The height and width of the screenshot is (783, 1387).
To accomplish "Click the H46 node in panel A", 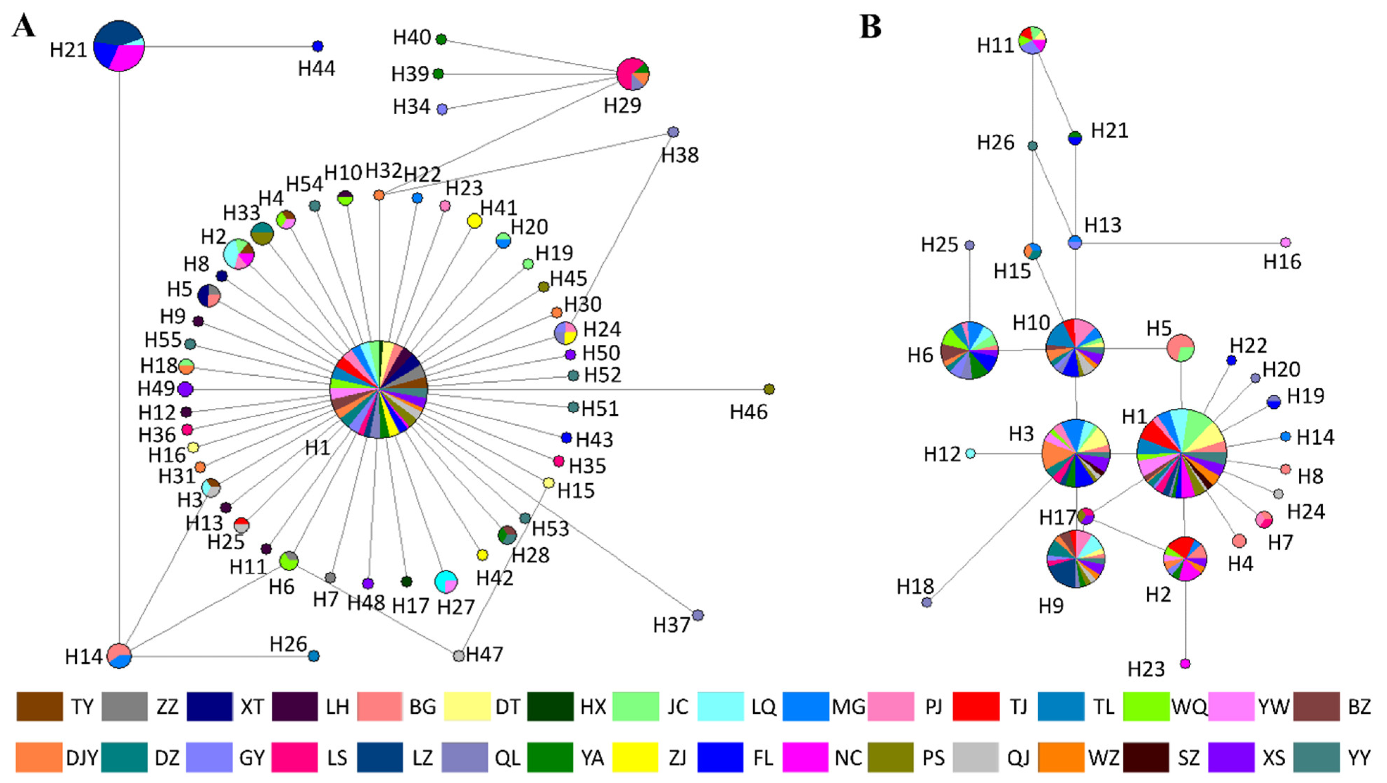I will point(769,389).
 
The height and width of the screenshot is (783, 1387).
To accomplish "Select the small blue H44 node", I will point(318,46).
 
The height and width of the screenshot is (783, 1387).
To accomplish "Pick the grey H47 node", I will point(459,655).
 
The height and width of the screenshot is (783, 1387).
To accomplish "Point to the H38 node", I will point(673,132).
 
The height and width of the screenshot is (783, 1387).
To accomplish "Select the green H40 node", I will point(441,39).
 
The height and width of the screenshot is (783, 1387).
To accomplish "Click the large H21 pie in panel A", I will point(119,46).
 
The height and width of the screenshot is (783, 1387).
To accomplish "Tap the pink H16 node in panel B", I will point(1285,242).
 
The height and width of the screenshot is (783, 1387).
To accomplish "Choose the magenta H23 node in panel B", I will point(1185,663).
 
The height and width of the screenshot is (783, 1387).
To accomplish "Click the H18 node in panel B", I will point(927,602).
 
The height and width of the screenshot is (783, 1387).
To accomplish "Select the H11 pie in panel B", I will point(1032,40).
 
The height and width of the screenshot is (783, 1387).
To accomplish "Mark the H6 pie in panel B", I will point(969,351).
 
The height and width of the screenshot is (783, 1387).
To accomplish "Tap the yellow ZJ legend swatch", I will point(635,757).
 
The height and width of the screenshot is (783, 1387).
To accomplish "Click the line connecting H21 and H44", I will point(226,46).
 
